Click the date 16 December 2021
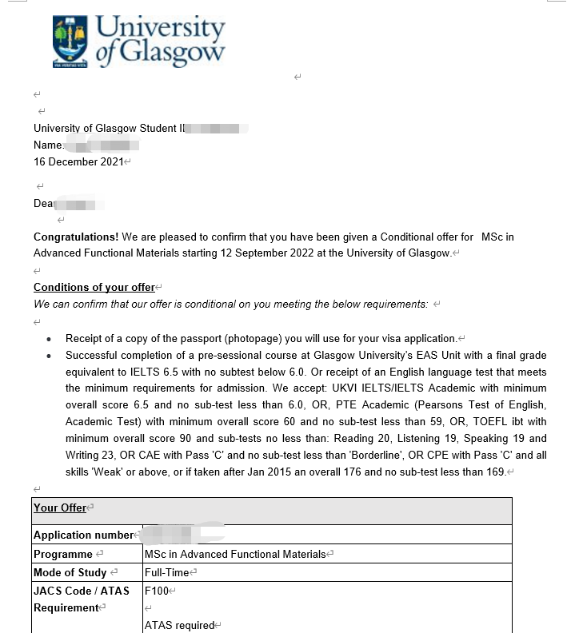tap(78, 161)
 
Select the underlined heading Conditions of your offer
tap(94, 288)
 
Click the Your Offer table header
tap(60, 508)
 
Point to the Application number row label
tap(83, 535)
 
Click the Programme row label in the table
tap(63, 554)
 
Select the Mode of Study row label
tap(70, 572)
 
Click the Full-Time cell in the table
tap(167, 572)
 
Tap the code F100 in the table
tap(156, 591)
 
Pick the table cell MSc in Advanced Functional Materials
tap(235, 554)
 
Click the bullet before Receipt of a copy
tap(50, 339)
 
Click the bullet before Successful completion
tap(50, 356)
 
